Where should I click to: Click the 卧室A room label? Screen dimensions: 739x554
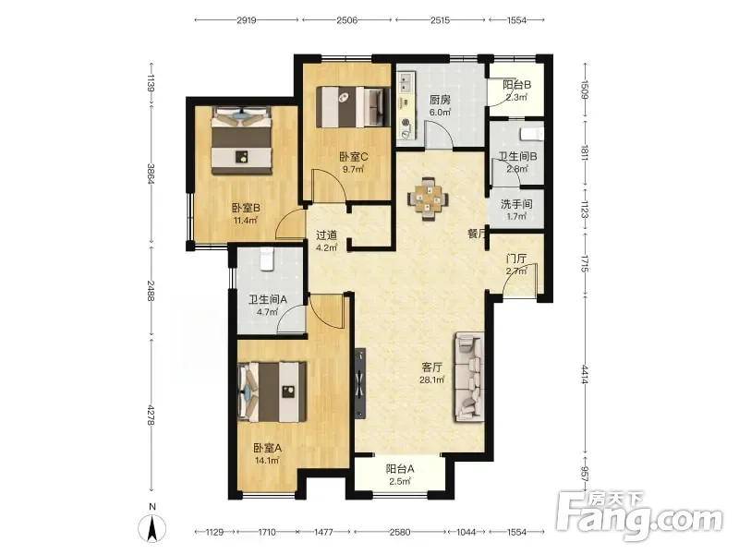tap(267, 448)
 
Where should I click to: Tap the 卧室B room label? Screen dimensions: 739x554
tap(246, 208)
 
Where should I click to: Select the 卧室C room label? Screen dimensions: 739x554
tap(354, 156)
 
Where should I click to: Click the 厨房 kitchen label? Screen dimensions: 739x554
tap(440, 100)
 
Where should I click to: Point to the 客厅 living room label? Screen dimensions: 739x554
tap(431, 367)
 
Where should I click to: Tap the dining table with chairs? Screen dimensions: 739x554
tap(428, 199)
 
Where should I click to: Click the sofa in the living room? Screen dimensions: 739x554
tap(469, 377)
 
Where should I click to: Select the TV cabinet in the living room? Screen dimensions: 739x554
tap(360, 383)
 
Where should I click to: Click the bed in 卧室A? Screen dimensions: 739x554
tap(273, 391)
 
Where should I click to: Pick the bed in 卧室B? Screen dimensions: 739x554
tap(242, 140)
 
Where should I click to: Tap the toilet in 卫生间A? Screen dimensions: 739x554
tap(267, 259)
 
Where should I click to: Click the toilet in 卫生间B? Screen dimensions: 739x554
tap(532, 134)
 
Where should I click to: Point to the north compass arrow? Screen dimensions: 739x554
tap(152, 527)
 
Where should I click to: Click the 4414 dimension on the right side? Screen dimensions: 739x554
tap(585, 374)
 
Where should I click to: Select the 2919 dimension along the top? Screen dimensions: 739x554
tap(247, 19)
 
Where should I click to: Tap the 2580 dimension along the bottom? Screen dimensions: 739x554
tap(400, 532)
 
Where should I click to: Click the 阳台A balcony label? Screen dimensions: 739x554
tap(400, 469)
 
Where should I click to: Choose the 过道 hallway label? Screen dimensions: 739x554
tap(326, 235)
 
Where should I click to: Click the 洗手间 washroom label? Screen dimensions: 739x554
tap(516, 204)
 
